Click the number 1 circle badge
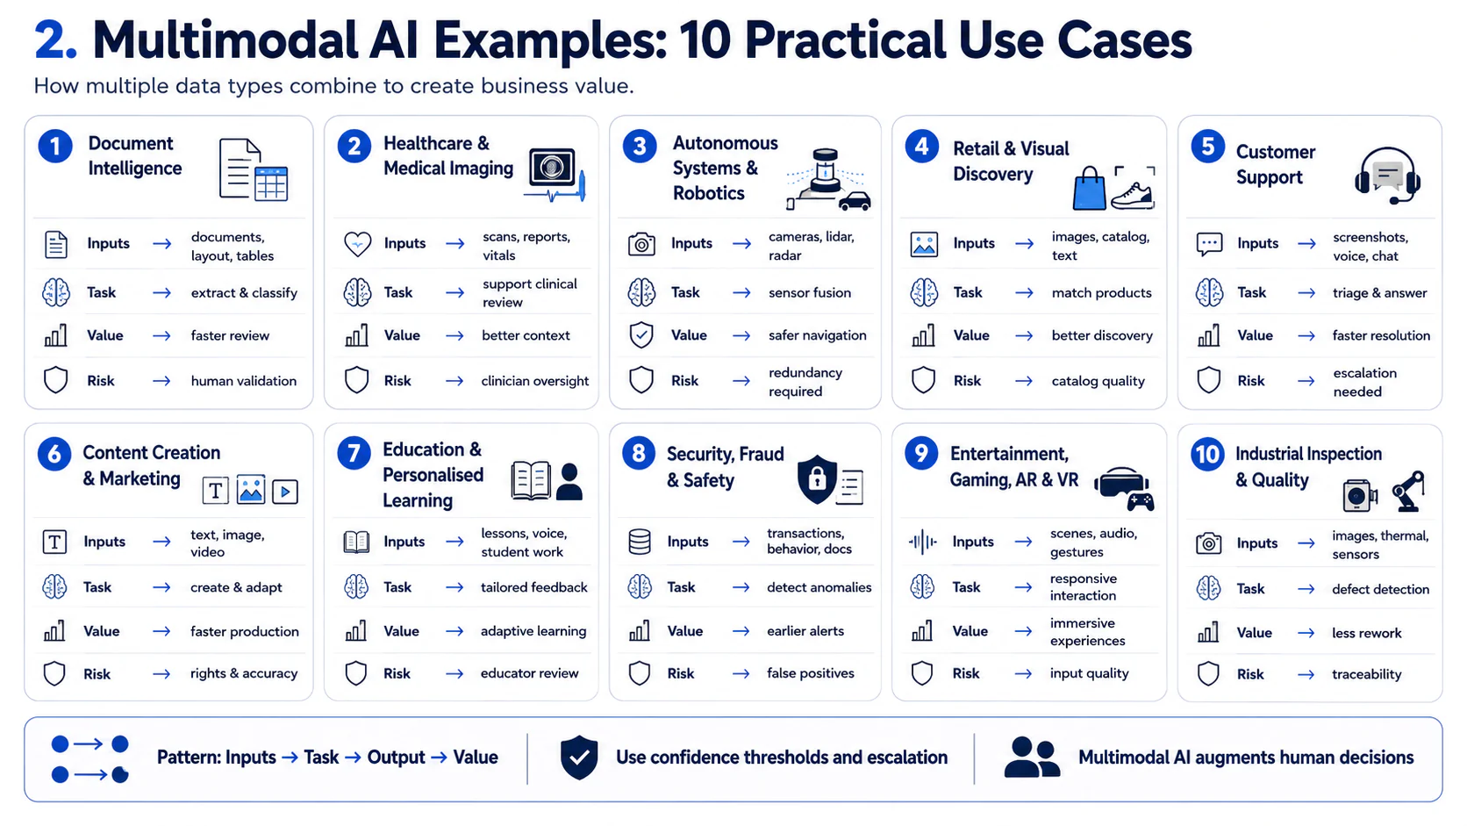pyautogui.click(x=55, y=146)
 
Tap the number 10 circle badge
pyautogui.click(x=1207, y=454)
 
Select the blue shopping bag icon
pyautogui.click(x=1090, y=189)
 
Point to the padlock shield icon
pyautogui.click(x=817, y=479)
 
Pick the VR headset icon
pyautogui.click(x=1121, y=484)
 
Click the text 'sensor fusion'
pyautogui.click(x=810, y=293)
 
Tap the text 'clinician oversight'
pyautogui.click(x=534, y=381)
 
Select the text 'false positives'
pyautogui.click(x=810, y=672)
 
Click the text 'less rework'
pyautogui.click(x=1366, y=633)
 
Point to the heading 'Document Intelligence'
pyautogui.click(x=135, y=156)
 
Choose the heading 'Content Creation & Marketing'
pyautogui.click(x=151, y=466)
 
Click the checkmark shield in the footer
pyautogui.click(x=579, y=758)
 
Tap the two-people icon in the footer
pyautogui.click(x=1032, y=758)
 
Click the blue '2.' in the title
pyautogui.click(x=55, y=40)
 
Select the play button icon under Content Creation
pyautogui.click(x=285, y=492)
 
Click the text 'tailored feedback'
pyautogui.click(x=533, y=587)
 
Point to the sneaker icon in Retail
pyautogui.click(x=1133, y=195)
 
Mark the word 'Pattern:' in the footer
pyautogui.click(x=189, y=758)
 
